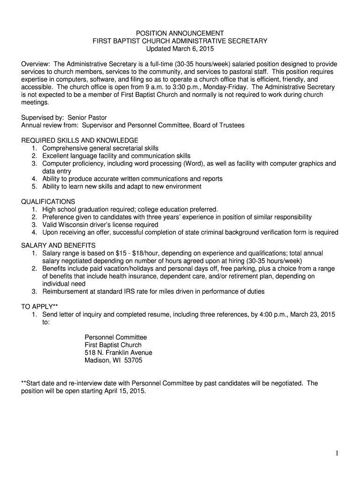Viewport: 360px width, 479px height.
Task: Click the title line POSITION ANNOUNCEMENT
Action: (180, 33)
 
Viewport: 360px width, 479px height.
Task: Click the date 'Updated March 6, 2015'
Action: (180, 49)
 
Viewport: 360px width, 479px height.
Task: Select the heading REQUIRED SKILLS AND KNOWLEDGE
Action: (80, 140)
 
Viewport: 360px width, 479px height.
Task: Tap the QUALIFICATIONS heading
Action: (48, 202)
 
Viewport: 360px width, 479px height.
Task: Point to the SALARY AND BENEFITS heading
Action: (58, 246)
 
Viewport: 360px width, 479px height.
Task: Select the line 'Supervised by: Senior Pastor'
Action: (67, 117)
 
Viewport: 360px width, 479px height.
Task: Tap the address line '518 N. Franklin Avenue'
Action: (118, 353)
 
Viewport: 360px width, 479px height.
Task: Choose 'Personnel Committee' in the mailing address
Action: (115, 337)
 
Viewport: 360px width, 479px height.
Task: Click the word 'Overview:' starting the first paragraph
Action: (36, 64)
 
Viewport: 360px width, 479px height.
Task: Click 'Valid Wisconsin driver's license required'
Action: (100, 225)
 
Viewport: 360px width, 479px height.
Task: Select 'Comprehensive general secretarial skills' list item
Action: (101, 148)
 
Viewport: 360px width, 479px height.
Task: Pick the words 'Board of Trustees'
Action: (218, 125)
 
